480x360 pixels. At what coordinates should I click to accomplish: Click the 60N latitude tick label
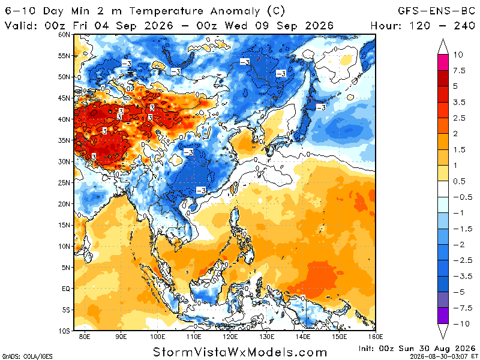[x=64, y=35]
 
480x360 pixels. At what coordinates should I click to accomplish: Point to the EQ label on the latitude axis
[x=66, y=289]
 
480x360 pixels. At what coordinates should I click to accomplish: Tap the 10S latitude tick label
[x=64, y=331]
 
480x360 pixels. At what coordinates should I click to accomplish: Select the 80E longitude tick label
[x=85, y=337]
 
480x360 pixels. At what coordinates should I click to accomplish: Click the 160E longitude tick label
[x=376, y=337]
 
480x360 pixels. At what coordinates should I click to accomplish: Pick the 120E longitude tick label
[x=230, y=337]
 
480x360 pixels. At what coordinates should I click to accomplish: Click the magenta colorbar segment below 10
[x=443, y=62]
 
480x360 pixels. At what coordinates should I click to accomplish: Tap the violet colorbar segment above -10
[x=443, y=316]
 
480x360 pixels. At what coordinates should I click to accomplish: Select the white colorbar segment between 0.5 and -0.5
[x=443, y=189]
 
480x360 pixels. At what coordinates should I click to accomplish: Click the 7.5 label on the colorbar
[x=459, y=71]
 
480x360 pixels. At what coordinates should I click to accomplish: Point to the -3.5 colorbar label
[x=463, y=276]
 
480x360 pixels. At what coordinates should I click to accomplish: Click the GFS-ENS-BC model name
[x=437, y=11]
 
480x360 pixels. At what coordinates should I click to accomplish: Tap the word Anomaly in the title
[x=235, y=11]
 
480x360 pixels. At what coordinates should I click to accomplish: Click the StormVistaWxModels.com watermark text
[x=240, y=352]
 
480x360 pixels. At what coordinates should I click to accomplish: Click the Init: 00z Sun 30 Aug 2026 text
[x=416, y=349]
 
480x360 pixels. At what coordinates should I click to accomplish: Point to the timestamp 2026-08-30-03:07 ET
[x=443, y=356]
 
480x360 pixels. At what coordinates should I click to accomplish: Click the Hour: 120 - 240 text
[x=423, y=25]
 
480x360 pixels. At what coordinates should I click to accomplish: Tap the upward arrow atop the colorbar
[x=443, y=47]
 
